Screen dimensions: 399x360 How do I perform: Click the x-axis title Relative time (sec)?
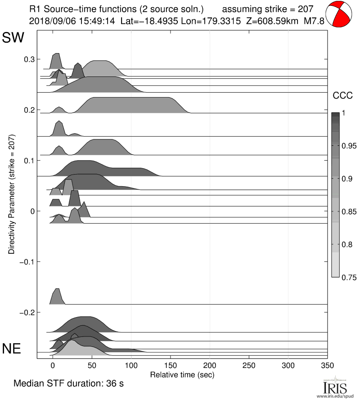click(x=182, y=374)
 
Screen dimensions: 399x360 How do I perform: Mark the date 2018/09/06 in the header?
click(x=48, y=21)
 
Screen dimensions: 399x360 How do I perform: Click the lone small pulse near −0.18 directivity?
click(x=56, y=297)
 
